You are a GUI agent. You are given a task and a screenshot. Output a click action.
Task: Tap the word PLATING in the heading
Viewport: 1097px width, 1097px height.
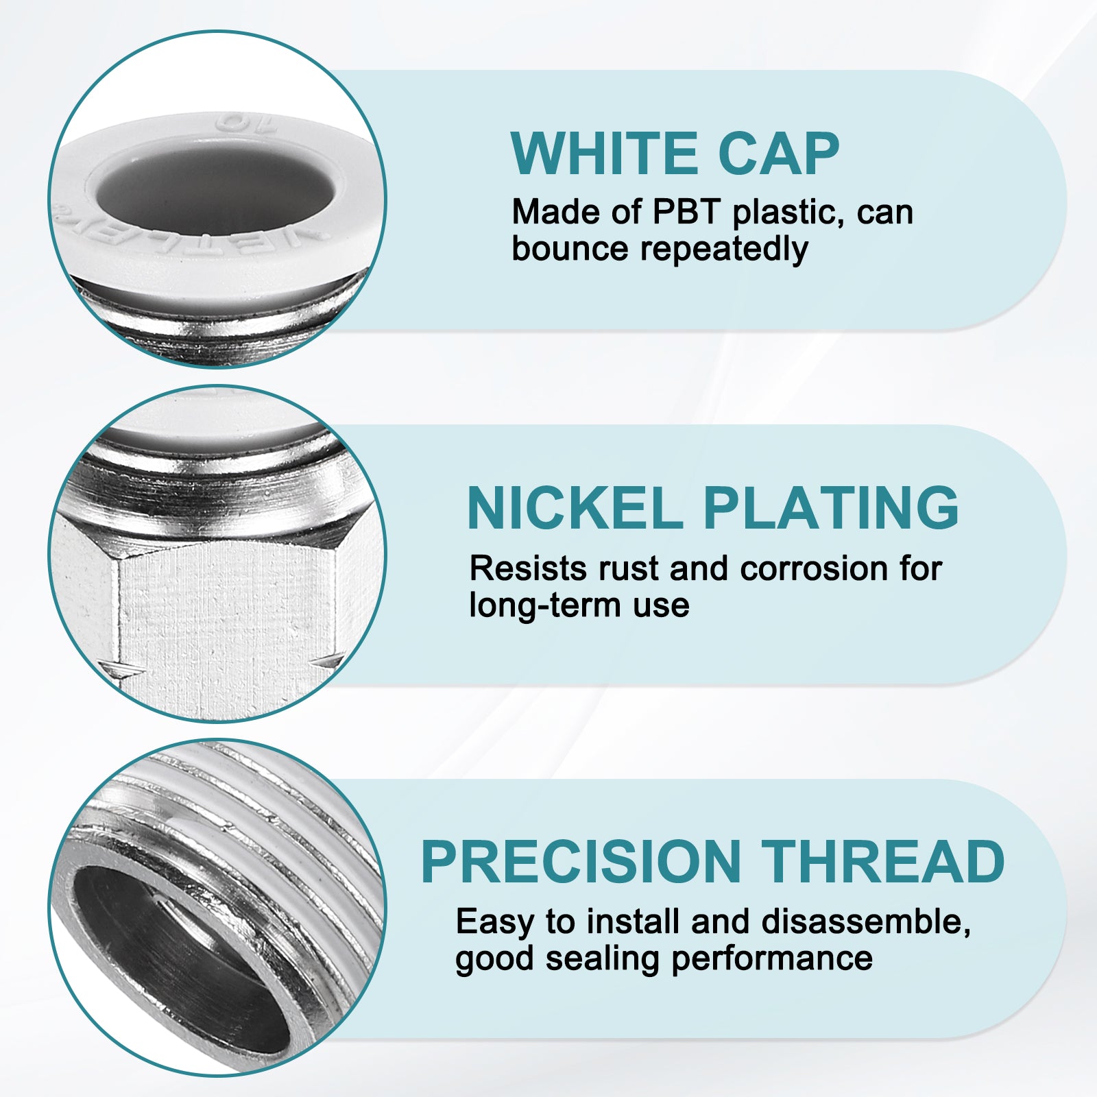click(830, 508)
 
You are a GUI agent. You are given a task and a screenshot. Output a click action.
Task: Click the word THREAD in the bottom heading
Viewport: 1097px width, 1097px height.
click(883, 862)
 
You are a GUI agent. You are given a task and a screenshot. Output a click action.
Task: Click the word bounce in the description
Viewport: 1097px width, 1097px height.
click(570, 248)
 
